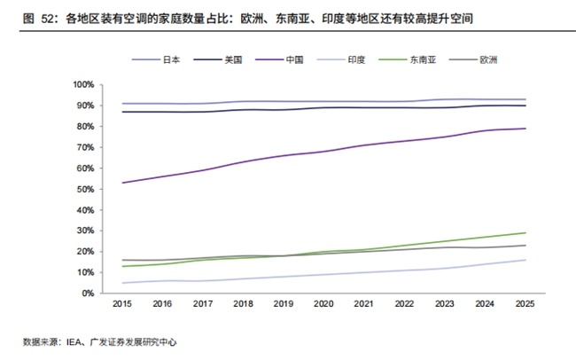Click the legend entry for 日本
pos(156,59)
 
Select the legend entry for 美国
pos(218,59)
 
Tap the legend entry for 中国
pos(279,59)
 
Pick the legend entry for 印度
pos(341,59)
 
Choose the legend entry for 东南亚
pos(408,59)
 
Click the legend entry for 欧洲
pos(473,59)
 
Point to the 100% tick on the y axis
pos(84,84)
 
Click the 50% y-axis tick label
pos(86,189)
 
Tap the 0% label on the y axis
pos(88,293)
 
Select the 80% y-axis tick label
pos(86,127)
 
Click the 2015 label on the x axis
pos(122,304)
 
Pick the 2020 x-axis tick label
pos(323,304)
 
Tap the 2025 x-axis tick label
pos(525,304)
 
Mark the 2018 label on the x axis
pos(243,304)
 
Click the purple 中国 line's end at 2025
pos(525,129)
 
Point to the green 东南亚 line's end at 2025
pos(525,233)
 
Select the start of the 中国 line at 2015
pos(122,183)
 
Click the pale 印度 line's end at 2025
pos(525,260)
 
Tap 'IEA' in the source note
pos(74,342)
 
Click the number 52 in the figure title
pos(47,19)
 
